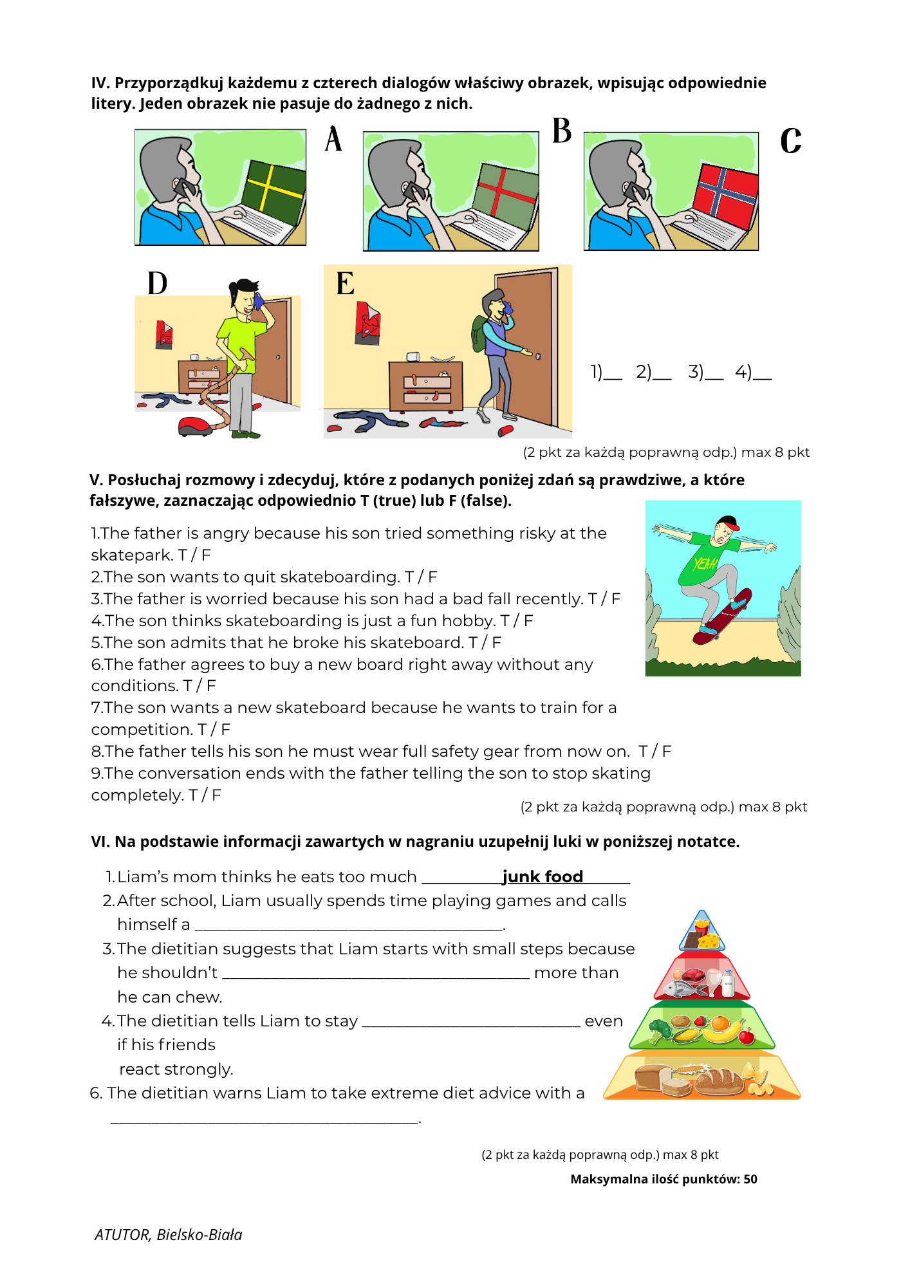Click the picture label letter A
[333, 139]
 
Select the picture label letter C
[791, 140]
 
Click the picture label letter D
[157, 283]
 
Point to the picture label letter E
[345, 283]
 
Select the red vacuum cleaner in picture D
[195, 426]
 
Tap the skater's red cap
[728, 522]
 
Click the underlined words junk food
[543, 876]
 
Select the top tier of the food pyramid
[702, 932]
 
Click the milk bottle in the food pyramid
[729, 983]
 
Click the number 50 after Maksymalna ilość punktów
[750, 1179]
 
